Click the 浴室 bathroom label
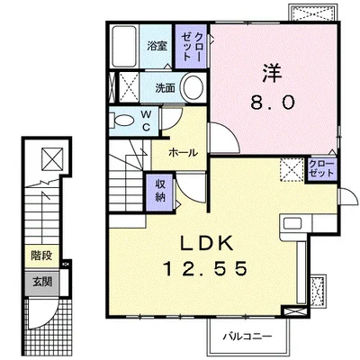pos(157,47)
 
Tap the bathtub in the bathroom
pos(124,47)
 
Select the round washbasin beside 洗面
pos(193,86)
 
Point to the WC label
pos(146,121)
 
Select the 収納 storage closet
pos(160,192)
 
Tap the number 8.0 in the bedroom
pos(273,103)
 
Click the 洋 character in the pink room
pos(273,73)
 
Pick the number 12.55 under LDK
pos(205,268)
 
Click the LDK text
pos(206,243)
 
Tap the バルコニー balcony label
pos(247,337)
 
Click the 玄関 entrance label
pos(42,282)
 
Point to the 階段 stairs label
pos(42,256)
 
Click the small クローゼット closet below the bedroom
pos(321,169)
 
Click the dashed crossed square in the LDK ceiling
pos(292,169)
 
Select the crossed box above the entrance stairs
pos(52,158)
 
